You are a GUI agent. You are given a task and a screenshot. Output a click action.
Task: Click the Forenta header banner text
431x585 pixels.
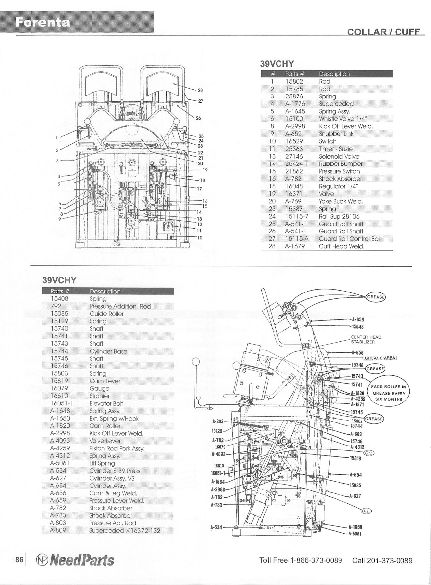(x=43, y=22)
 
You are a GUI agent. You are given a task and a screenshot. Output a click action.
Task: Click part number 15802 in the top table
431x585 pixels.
(x=294, y=81)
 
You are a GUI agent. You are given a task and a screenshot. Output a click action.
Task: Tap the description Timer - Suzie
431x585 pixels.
(x=336, y=149)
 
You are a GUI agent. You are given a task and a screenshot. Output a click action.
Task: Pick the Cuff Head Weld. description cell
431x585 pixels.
(x=341, y=246)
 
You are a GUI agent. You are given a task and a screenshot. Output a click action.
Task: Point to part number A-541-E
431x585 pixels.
(x=296, y=224)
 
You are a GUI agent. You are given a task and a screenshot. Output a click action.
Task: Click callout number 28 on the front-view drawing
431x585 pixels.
(x=200, y=90)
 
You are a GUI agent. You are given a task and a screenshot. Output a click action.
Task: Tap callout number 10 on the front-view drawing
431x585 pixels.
(x=200, y=237)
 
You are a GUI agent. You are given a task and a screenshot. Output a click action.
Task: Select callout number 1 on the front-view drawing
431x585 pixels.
(x=57, y=137)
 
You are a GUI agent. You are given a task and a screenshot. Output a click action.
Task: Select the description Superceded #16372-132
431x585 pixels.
(x=124, y=530)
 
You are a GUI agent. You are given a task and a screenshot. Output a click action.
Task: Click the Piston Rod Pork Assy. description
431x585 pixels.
(x=117, y=448)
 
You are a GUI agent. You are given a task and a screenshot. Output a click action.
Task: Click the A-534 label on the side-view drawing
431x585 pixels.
(x=216, y=527)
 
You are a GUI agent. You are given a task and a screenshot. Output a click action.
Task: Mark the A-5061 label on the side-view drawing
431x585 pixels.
(x=355, y=534)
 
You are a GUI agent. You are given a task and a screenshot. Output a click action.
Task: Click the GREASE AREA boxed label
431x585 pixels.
(x=380, y=358)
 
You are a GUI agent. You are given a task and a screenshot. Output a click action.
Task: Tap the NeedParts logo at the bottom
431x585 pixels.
(x=75, y=560)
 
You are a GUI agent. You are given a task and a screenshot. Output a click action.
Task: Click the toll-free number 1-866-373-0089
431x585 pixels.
(x=316, y=560)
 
